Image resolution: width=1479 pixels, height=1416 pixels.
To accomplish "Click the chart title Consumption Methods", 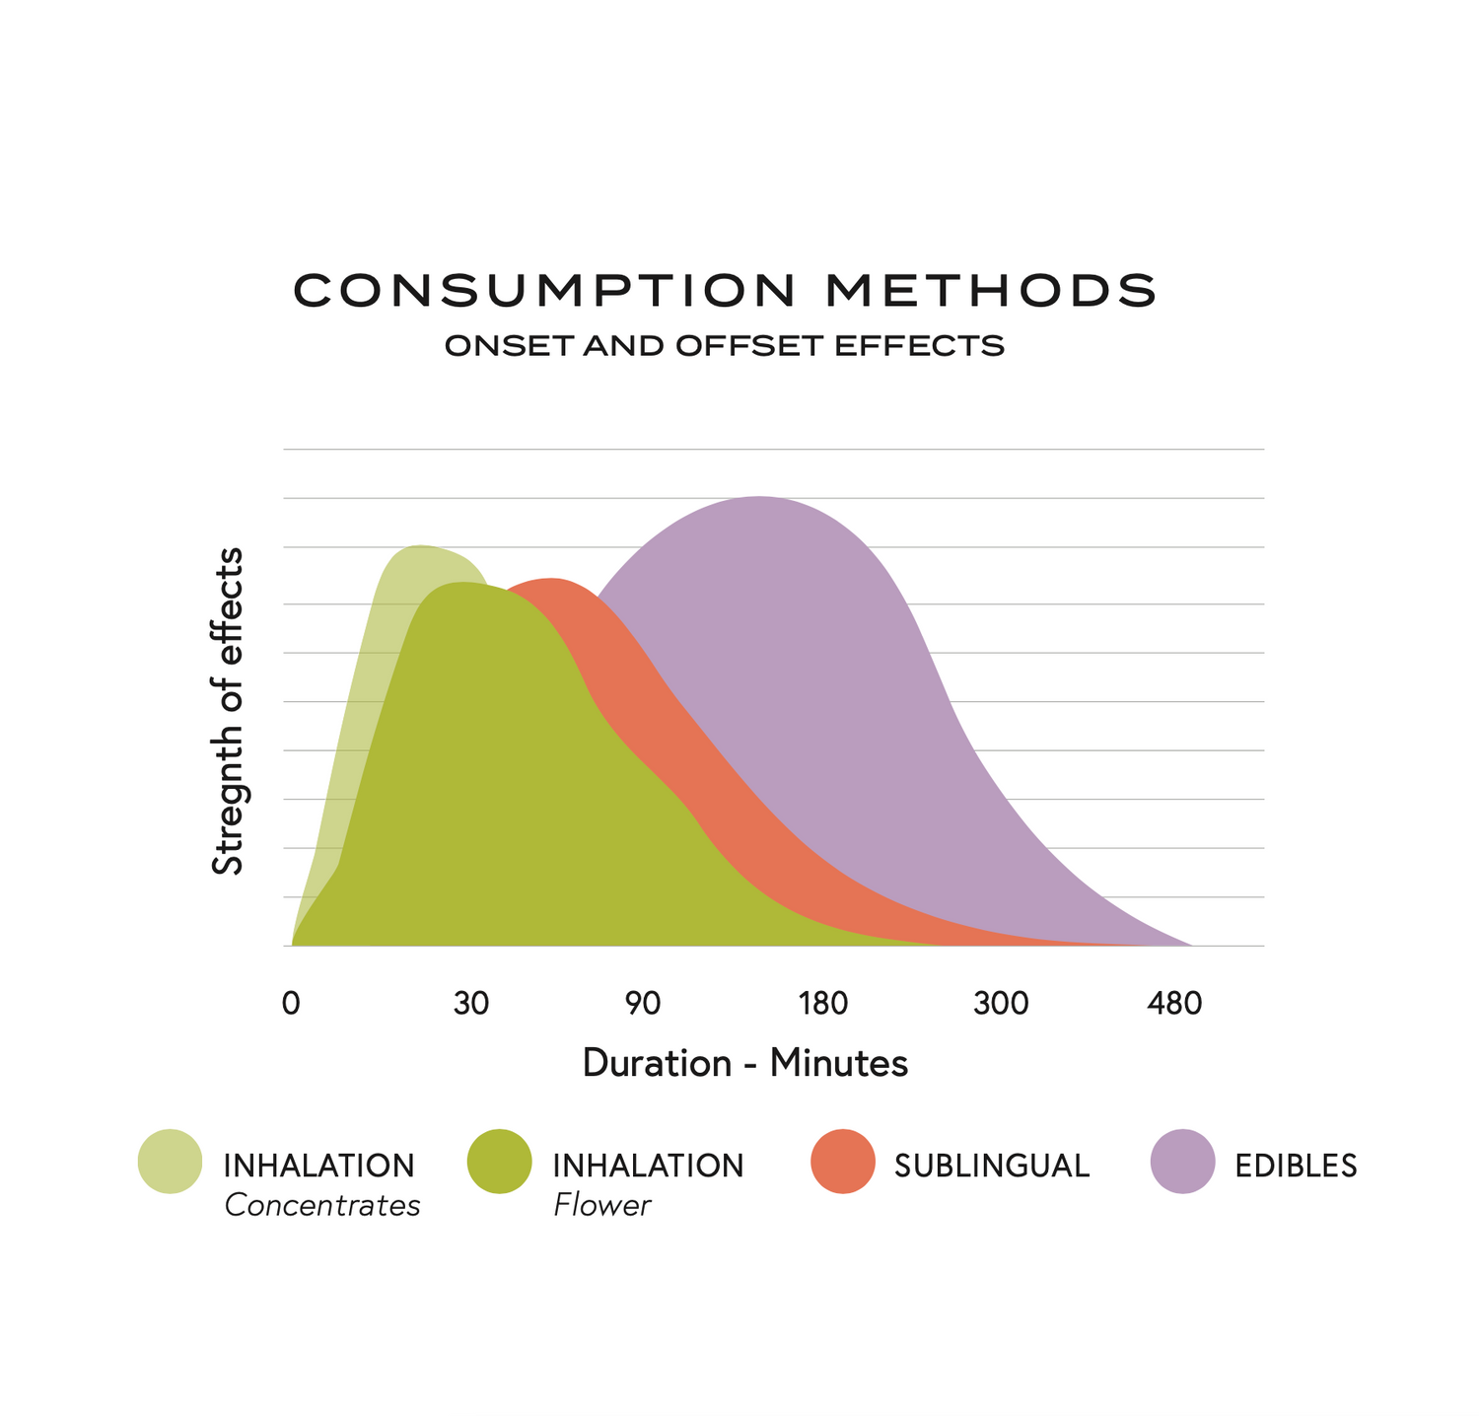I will pyautogui.click(x=726, y=290).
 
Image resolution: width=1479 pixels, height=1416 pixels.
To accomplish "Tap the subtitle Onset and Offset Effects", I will pyautogui.click(x=725, y=346).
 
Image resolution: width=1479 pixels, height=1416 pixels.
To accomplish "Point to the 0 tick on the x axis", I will pyautogui.click(x=291, y=1004).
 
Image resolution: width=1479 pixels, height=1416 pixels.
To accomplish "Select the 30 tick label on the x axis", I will pyautogui.click(x=471, y=1004).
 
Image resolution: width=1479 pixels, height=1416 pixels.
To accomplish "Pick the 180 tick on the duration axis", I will pyautogui.click(x=823, y=1004).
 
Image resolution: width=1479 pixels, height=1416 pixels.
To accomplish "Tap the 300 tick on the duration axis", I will pyautogui.click(x=1001, y=1004).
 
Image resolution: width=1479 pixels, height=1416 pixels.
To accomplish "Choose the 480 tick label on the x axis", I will pyautogui.click(x=1174, y=1004).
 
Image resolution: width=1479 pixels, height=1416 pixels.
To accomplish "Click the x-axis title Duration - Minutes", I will pyautogui.click(x=744, y=1063).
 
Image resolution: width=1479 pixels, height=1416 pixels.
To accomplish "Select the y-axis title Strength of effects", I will pyautogui.click(x=228, y=711).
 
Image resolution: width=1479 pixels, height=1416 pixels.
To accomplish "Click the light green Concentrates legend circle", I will pyautogui.click(x=170, y=1161).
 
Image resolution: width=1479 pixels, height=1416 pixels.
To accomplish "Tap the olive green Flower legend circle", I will pyautogui.click(x=499, y=1161).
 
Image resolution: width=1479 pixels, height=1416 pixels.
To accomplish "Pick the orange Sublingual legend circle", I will pyautogui.click(x=843, y=1161).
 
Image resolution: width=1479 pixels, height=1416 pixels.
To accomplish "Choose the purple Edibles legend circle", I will pyautogui.click(x=1182, y=1161).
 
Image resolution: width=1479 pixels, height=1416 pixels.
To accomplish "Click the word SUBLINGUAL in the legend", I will pyautogui.click(x=992, y=1166).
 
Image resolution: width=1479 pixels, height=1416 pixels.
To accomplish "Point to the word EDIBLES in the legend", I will pyautogui.click(x=1296, y=1166).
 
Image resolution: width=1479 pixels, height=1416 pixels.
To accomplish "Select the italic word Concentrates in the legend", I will pyautogui.click(x=322, y=1205).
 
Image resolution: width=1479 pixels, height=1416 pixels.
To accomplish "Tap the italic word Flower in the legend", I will pyautogui.click(x=601, y=1205).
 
